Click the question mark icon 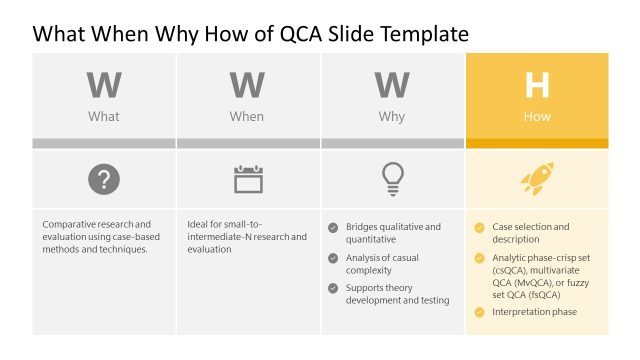[x=104, y=180]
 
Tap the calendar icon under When [x=248, y=180]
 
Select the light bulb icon [x=392, y=179]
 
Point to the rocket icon [x=537, y=179]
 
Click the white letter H [x=537, y=86]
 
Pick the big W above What [x=104, y=86]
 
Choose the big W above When [x=247, y=86]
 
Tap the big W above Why [x=392, y=86]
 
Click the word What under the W [x=104, y=117]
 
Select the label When [x=247, y=117]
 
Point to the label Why [x=392, y=117]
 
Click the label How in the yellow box [x=537, y=117]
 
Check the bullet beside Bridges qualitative [x=333, y=227]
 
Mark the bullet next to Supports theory [x=333, y=288]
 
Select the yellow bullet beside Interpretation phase [x=479, y=312]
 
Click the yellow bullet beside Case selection [x=479, y=227]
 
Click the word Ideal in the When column [x=198, y=224]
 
